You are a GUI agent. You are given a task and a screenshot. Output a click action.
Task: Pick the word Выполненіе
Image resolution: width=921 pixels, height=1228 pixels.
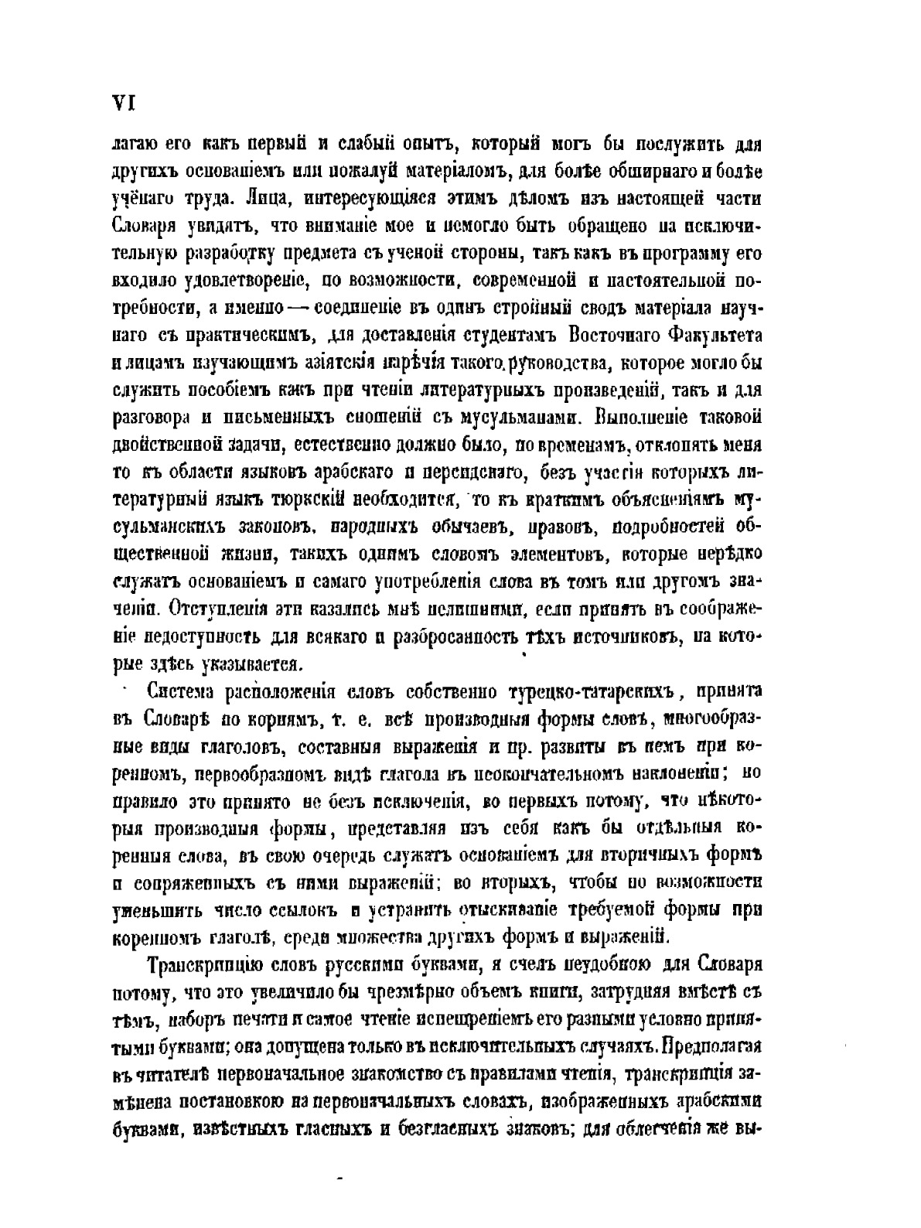click(639, 418)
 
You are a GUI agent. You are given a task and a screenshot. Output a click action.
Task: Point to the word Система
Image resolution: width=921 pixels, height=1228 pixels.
click(182, 690)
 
